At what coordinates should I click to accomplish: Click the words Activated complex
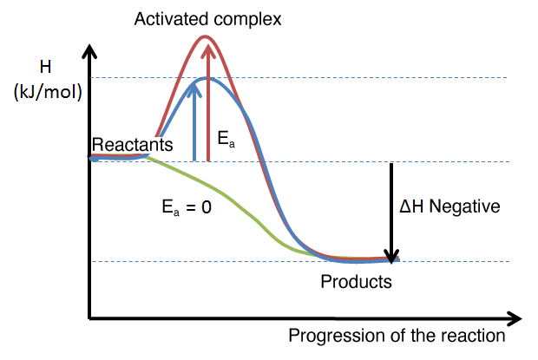[207, 18]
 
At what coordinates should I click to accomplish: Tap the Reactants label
[133, 144]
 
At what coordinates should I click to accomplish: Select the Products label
[356, 282]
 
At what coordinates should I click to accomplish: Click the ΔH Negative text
[449, 206]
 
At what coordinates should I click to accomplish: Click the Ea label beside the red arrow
[225, 140]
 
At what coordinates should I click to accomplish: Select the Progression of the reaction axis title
[397, 336]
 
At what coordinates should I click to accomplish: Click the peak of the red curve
[206, 36]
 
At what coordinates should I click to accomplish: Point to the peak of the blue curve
[206, 78]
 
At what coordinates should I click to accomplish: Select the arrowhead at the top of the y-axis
[88, 48]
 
